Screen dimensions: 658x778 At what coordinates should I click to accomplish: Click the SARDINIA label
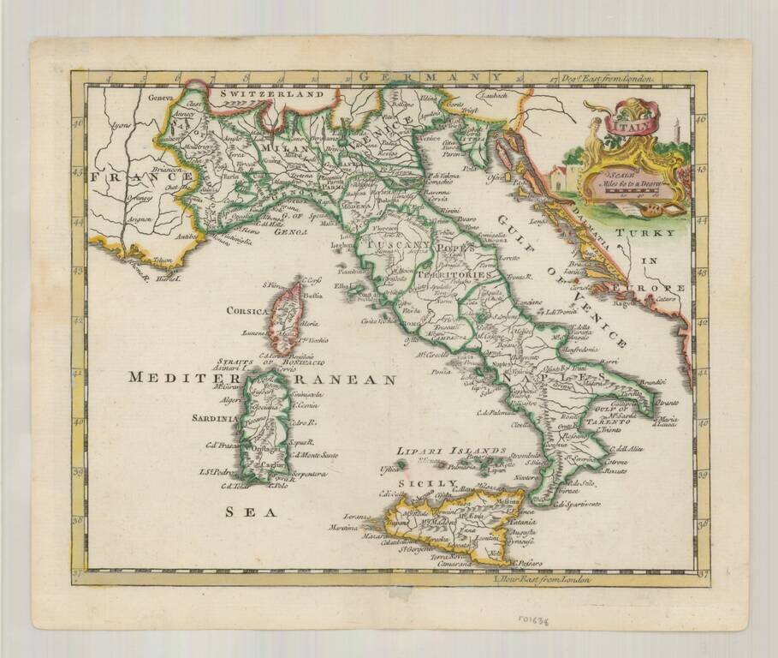pyautogui.click(x=215, y=419)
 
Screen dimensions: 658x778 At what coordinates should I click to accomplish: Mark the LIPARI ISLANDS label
pyautogui.click(x=451, y=451)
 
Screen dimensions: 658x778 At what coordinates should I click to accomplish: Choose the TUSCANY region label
pyautogui.click(x=397, y=245)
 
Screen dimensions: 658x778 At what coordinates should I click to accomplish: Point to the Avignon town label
pyautogui.click(x=140, y=218)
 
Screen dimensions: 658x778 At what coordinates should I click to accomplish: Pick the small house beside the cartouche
pyautogui.click(x=557, y=178)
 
